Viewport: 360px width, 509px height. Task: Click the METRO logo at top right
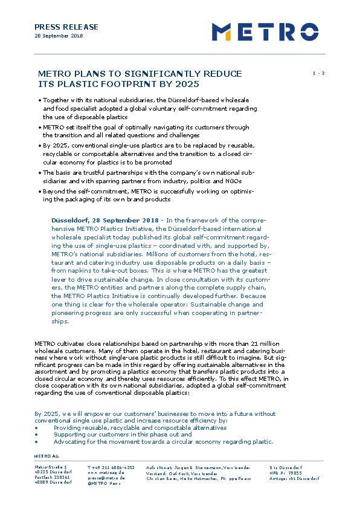(265, 31)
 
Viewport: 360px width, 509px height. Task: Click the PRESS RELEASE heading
(66, 27)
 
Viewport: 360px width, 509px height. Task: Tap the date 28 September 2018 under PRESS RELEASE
(59, 36)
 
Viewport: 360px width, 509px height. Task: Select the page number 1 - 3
(318, 73)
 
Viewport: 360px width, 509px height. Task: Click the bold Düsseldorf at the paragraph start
(72, 220)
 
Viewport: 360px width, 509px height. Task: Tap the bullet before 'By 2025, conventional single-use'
(40, 146)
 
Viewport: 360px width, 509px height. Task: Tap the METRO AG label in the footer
(47, 455)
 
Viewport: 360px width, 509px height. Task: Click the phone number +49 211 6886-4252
(111, 467)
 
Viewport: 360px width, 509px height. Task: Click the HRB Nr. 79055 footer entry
(286, 473)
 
